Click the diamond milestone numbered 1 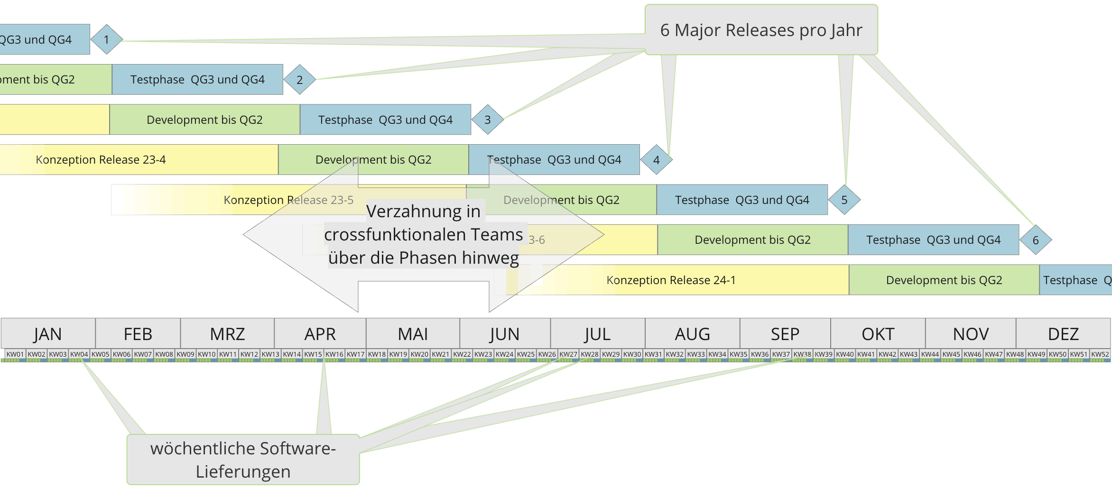point(107,39)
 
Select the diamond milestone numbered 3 point(487,120)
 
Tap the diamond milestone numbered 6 point(1036,240)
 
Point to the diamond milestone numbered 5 point(844,200)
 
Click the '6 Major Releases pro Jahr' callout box point(761,30)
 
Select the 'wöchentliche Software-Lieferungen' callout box point(243,460)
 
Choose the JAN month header point(48,334)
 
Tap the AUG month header point(692,334)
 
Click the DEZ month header point(1063,334)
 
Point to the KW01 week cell point(15,354)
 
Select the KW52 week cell point(1100,354)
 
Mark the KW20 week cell point(419,354)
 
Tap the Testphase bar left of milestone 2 point(197,80)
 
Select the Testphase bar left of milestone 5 point(742,200)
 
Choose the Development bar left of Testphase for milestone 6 point(752,240)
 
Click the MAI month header point(413,334)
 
